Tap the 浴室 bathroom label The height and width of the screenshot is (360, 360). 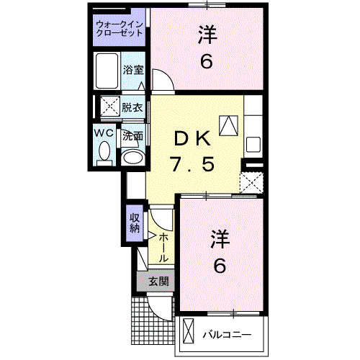click(x=133, y=70)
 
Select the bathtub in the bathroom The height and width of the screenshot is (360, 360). click(x=107, y=71)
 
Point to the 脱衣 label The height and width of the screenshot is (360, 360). click(x=132, y=108)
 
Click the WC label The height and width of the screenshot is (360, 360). click(x=104, y=134)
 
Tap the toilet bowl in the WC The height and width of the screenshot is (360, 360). click(x=104, y=152)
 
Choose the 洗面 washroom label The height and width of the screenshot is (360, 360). click(x=132, y=135)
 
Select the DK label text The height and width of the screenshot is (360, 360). click(x=192, y=136)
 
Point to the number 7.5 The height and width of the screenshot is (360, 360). click(x=192, y=164)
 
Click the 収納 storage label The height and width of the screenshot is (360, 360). click(x=135, y=223)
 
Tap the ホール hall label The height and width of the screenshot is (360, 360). click(x=164, y=247)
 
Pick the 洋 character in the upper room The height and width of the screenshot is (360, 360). click(x=206, y=34)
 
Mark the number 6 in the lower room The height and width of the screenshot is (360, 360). click(x=220, y=266)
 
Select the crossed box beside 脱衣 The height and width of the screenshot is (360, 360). click(x=110, y=107)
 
